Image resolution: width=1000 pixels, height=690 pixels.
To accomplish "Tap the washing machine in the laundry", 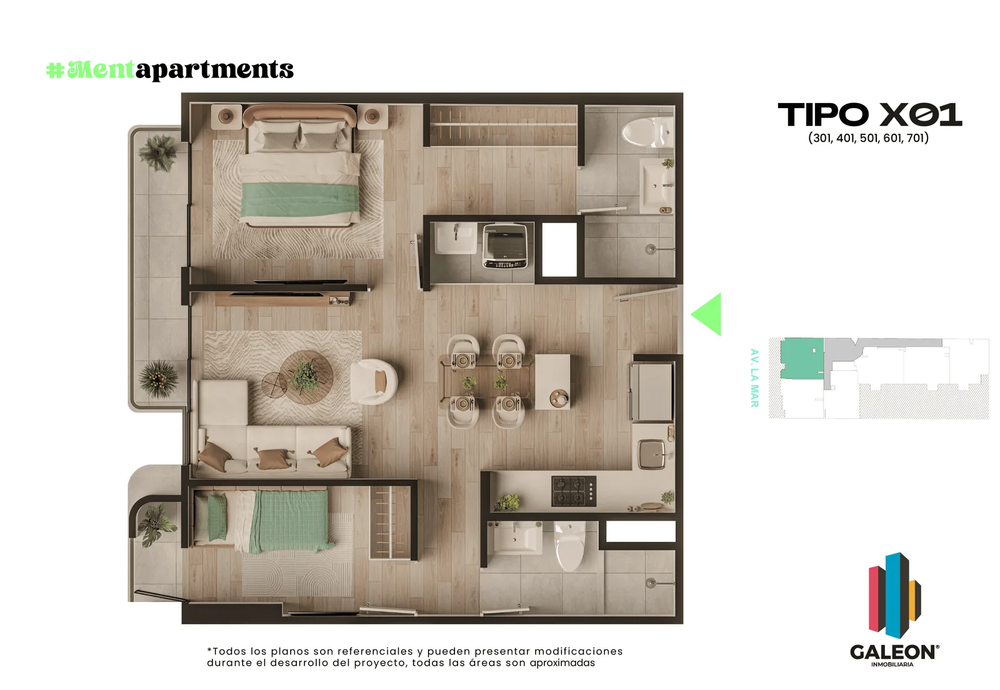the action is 506,246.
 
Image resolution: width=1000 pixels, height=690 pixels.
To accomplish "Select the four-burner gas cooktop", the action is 574,491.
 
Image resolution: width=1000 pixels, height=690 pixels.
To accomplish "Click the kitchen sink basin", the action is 652,455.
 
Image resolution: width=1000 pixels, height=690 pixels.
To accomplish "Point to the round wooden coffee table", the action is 307,377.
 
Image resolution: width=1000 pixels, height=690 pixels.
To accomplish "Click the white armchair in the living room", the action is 374,382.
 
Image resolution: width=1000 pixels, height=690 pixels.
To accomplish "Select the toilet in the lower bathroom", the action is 569,546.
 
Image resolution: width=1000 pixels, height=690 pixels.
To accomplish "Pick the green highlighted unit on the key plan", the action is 802,358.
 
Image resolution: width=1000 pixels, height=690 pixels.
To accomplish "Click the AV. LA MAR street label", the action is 754,378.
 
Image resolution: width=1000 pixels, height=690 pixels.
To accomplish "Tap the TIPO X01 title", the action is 869,115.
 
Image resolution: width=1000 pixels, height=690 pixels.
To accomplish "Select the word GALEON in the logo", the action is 894,652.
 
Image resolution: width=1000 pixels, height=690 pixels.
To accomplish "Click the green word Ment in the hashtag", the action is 101,69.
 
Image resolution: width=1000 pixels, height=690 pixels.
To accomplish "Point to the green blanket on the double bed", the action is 299,200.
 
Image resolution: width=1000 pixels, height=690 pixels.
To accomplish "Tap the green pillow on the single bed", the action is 217,518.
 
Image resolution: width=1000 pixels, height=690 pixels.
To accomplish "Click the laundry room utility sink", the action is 456,238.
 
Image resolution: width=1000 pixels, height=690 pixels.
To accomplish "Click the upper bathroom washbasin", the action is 656,187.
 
